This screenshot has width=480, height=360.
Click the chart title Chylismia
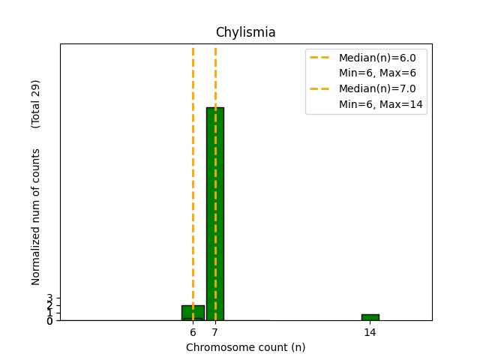pos(245,32)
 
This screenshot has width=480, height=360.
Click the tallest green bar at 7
pos(215,214)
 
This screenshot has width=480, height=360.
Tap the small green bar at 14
pos(370,317)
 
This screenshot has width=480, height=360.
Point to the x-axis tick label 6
pos(193,332)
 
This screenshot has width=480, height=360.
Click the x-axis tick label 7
pos(215,332)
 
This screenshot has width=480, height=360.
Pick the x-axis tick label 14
pos(370,332)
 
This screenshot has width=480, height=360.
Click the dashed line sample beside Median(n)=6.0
pos(320,58)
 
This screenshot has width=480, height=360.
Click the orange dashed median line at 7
pos(215,75)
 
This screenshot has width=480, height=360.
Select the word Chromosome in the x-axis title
pos(212,347)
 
